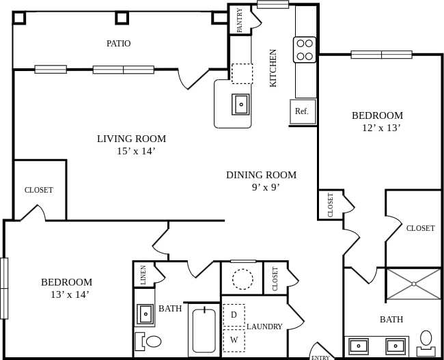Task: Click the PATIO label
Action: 118,44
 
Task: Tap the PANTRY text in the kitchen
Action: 240,20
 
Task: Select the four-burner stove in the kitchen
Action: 305,50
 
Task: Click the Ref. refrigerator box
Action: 302,111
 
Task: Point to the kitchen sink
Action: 240,105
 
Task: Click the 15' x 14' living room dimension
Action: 136,151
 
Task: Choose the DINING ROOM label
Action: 261,175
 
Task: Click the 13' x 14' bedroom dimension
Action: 69,294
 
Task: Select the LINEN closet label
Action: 143,275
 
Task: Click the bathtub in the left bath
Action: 204,331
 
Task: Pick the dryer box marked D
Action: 234,315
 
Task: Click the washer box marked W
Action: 234,340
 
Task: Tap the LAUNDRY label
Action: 264,327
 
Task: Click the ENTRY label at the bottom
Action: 320,357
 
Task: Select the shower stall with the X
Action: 414,284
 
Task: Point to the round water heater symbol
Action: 242,279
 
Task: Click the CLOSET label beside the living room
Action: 38,190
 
